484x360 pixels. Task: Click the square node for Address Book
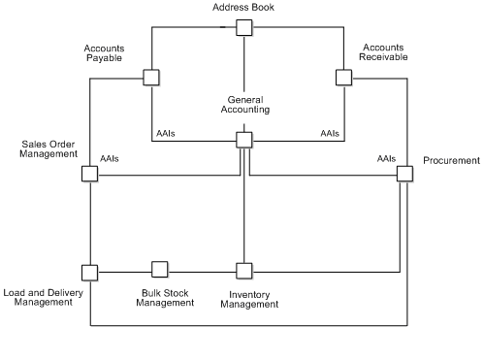point(243,27)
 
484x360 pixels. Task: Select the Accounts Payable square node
point(151,77)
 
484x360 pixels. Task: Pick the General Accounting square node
point(244,141)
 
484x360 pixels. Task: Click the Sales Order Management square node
point(89,174)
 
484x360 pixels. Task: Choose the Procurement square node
point(404,174)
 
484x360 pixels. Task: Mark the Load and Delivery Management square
point(89,271)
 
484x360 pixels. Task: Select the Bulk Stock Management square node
point(160,269)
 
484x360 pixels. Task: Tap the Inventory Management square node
point(244,270)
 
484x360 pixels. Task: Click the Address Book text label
point(243,8)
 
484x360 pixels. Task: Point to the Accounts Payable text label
point(104,52)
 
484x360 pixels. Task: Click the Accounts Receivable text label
point(384,52)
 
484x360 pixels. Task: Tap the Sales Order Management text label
point(48,148)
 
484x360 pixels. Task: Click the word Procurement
point(451,160)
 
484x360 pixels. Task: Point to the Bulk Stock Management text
point(165,297)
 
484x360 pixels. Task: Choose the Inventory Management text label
point(249,299)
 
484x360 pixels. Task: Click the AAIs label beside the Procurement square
point(386,157)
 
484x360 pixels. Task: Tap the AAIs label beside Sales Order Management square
point(110,158)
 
